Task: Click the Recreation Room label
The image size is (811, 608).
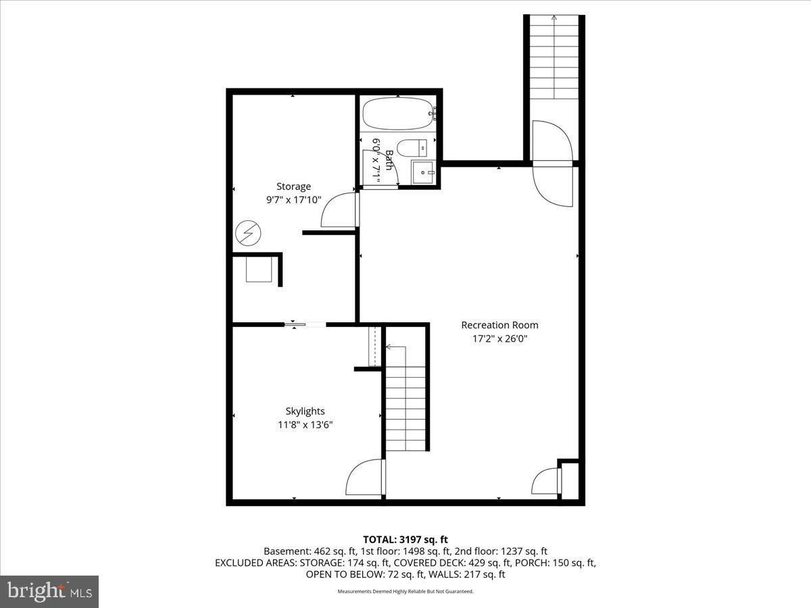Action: tap(499, 325)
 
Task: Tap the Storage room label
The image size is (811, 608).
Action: tap(293, 186)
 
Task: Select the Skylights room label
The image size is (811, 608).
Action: tap(305, 411)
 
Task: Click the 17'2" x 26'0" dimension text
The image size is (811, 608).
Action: tap(499, 339)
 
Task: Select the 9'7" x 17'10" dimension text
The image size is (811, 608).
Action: tap(293, 200)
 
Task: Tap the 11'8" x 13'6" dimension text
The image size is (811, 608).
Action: tap(305, 425)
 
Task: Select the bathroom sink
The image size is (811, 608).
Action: tap(424, 172)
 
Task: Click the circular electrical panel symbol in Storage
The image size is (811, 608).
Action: tap(247, 234)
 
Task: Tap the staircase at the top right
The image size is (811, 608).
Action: tap(554, 57)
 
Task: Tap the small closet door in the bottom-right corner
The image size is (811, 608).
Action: tap(547, 482)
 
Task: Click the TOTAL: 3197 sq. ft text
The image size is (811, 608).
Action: tap(405, 539)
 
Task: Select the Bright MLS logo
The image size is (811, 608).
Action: tap(49, 591)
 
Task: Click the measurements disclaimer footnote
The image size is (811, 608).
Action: tap(405, 591)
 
